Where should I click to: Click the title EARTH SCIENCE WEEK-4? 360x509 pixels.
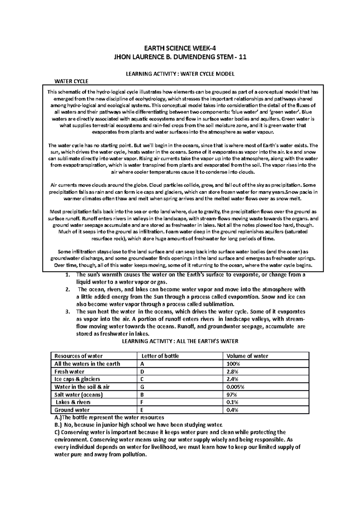[180, 48]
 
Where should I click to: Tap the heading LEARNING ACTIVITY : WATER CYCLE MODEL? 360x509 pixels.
[180, 74]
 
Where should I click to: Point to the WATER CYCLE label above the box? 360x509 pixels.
[71, 81]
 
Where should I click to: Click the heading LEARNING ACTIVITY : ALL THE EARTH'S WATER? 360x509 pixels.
[180, 341]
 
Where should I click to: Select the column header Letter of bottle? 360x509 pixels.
[160, 356]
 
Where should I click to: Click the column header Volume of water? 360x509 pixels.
[247, 356]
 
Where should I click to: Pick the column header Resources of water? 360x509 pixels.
[78, 356]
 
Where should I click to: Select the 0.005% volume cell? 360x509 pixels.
[235, 387]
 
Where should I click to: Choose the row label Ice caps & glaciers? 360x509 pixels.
[77, 379]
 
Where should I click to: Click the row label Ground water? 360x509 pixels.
[72, 410]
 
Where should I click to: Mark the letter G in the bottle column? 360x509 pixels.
[142, 387]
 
